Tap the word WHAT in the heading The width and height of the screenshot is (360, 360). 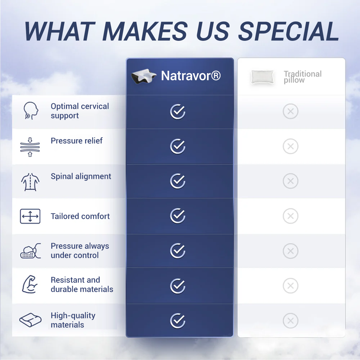(x=60, y=31)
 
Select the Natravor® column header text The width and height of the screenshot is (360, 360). (x=191, y=76)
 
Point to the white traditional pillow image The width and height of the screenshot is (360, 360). (x=262, y=77)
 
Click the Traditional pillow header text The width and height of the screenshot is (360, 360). (x=303, y=77)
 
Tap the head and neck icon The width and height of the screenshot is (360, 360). (x=31, y=111)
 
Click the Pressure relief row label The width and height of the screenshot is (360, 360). (x=76, y=141)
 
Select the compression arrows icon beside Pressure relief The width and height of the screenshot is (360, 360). (x=30, y=147)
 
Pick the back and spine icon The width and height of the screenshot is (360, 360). (x=30, y=182)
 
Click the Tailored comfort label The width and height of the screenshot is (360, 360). (x=80, y=216)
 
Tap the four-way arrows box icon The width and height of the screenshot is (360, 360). (x=30, y=216)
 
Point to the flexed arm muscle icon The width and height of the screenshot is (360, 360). (x=30, y=284)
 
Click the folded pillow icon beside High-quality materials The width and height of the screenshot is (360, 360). (x=31, y=320)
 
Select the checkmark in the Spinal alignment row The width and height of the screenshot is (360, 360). (x=178, y=181)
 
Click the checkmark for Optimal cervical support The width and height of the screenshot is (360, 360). (x=178, y=112)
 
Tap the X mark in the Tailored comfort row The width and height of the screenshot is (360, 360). (x=290, y=216)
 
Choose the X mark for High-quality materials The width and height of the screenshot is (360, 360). (x=290, y=321)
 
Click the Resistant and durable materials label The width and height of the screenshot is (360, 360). (x=82, y=284)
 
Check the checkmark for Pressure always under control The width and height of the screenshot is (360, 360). (x=178, y=251)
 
